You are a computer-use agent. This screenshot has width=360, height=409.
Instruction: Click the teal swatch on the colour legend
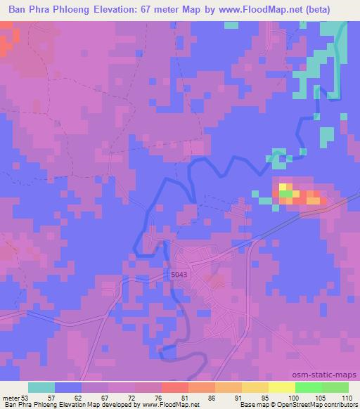pos(41,387)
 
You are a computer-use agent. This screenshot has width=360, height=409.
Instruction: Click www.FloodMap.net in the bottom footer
pos(161,405)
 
